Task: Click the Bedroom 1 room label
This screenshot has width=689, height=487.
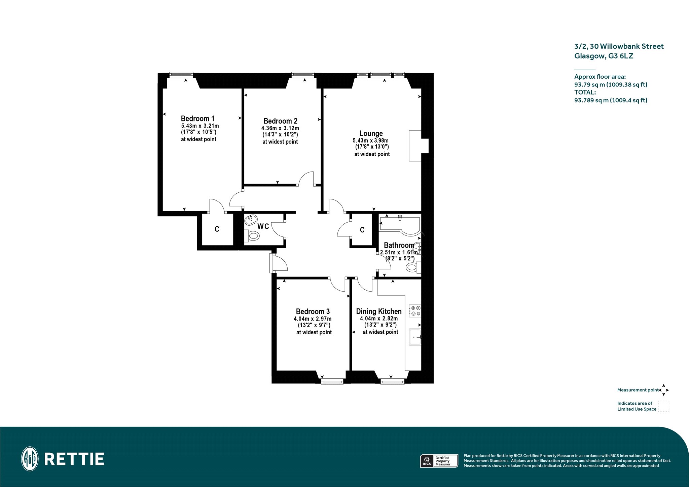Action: (197, 118)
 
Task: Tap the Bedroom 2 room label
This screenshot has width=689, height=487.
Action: (280, 121)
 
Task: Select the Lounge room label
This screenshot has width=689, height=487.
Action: (371, 134)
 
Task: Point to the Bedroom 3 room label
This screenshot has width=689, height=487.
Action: (313, 311)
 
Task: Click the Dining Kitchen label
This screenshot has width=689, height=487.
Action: (379, 311)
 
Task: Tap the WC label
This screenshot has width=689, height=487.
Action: (263, 226)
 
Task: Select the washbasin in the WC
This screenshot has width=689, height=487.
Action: (250, 220)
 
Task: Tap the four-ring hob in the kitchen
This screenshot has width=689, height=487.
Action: (415, 310)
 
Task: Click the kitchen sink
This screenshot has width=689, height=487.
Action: (415, 337)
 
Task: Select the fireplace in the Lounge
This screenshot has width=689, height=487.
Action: (418, 146)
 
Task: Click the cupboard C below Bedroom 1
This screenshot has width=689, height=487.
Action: (217, 229)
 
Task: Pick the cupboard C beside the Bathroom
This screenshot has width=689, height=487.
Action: (362, 230)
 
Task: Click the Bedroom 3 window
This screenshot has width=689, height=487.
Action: (332, 381)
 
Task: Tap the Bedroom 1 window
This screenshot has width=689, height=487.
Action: (181, 75)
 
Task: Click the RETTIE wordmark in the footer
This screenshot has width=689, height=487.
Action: (74, 459)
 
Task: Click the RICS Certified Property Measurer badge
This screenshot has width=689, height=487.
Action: (439, 461)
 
